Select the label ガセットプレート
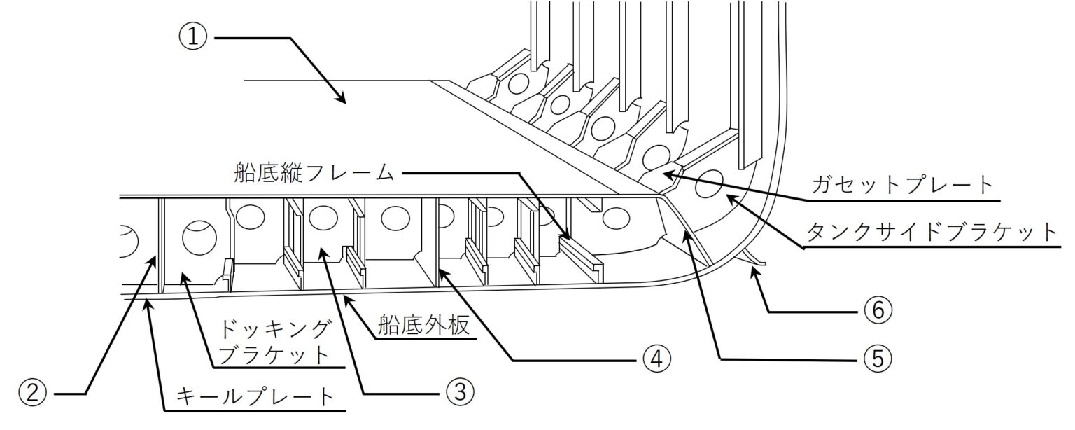pos(903,186)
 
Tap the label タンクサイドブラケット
pos(932,232)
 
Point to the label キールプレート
pos(255,397)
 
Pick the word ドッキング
pos(269,328)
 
